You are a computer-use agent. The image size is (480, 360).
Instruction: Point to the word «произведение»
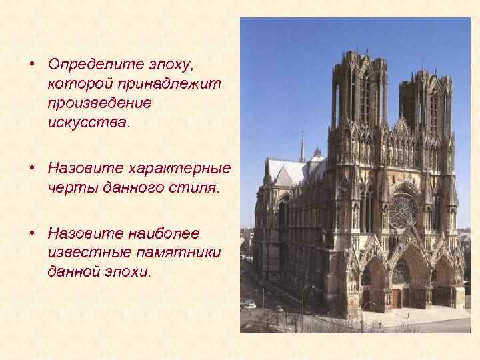[100, 104]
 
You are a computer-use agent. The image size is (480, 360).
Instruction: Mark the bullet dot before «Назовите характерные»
[32, 169]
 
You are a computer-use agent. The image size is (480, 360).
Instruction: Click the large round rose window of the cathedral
[403, 211]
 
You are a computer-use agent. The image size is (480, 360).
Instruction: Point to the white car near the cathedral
[249, 304]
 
